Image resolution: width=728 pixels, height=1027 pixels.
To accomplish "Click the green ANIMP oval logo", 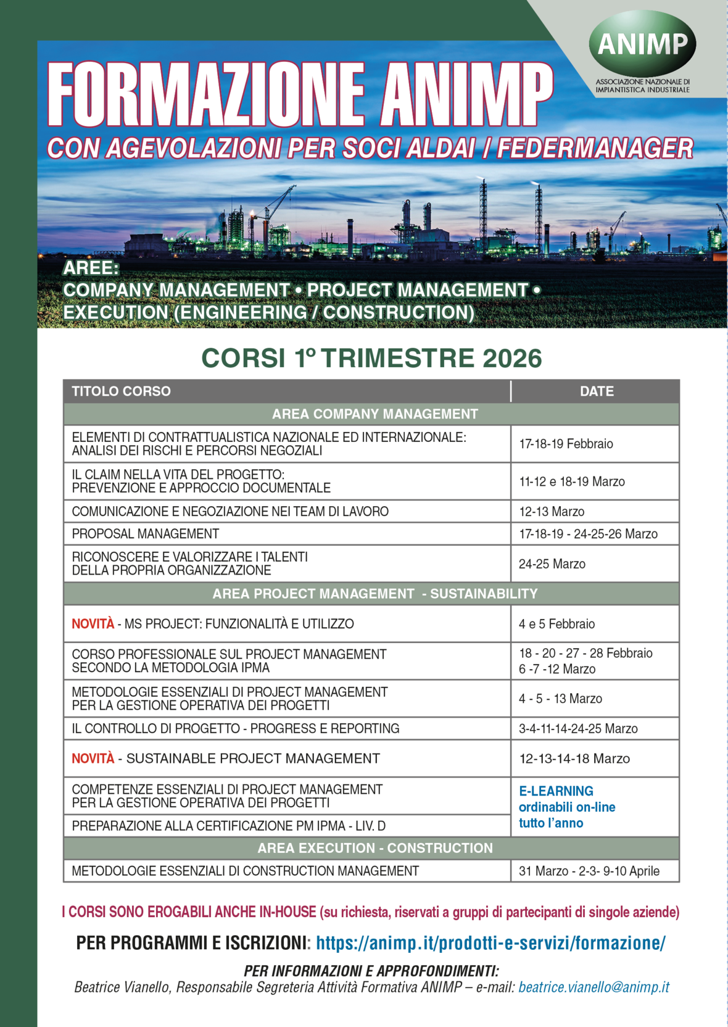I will click(642, 44).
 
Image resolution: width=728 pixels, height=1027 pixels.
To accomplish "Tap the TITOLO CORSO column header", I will click(121, 391).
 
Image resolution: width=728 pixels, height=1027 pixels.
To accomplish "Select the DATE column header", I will click(597, 391).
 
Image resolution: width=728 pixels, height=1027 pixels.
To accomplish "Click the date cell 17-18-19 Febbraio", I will click(566, 444).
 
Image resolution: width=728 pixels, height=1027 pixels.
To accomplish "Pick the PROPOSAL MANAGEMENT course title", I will click(146, 534).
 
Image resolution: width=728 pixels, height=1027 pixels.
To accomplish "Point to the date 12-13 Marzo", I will click(552, 512).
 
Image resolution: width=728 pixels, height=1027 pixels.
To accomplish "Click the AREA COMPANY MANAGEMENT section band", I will click(374, 414).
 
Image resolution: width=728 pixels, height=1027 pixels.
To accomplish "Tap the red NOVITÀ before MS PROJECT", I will click(93, 624).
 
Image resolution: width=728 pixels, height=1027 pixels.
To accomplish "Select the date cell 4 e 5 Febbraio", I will click(556, 624).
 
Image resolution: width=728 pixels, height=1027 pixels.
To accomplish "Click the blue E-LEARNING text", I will click(556, 791).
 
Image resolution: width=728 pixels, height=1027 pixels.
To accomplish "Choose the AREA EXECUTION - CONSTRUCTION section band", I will click(374, 848).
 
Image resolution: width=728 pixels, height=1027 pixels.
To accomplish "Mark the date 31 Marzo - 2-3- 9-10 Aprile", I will click(589, 871).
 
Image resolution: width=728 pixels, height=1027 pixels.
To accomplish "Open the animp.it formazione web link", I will click(490, 943).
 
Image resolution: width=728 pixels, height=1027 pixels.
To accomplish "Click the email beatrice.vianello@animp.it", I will click(594, 987).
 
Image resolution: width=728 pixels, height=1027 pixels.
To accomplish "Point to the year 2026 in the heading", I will click(512, 359).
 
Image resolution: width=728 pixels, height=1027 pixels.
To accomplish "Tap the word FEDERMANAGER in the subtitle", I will click(595, 149).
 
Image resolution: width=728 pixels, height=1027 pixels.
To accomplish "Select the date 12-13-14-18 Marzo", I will click(574, 759).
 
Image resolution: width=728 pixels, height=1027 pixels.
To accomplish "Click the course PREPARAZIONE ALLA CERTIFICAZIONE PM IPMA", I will click(228, 826).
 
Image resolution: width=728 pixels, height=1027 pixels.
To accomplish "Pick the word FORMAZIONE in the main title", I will click(206, 94).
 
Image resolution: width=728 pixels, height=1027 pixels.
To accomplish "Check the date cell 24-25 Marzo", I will click(552, 564).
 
